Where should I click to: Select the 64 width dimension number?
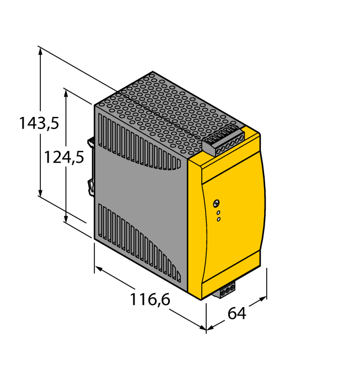point(237,313)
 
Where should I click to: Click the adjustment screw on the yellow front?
point(217,203)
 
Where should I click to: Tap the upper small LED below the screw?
point(218,212)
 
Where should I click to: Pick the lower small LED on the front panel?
point(218,219)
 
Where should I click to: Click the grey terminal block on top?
point(224,141)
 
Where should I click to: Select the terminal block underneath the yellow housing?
point(226,290)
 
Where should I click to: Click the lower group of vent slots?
point(138,243)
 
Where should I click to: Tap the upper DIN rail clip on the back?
point(90,141)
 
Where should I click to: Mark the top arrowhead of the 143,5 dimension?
point(40,50)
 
